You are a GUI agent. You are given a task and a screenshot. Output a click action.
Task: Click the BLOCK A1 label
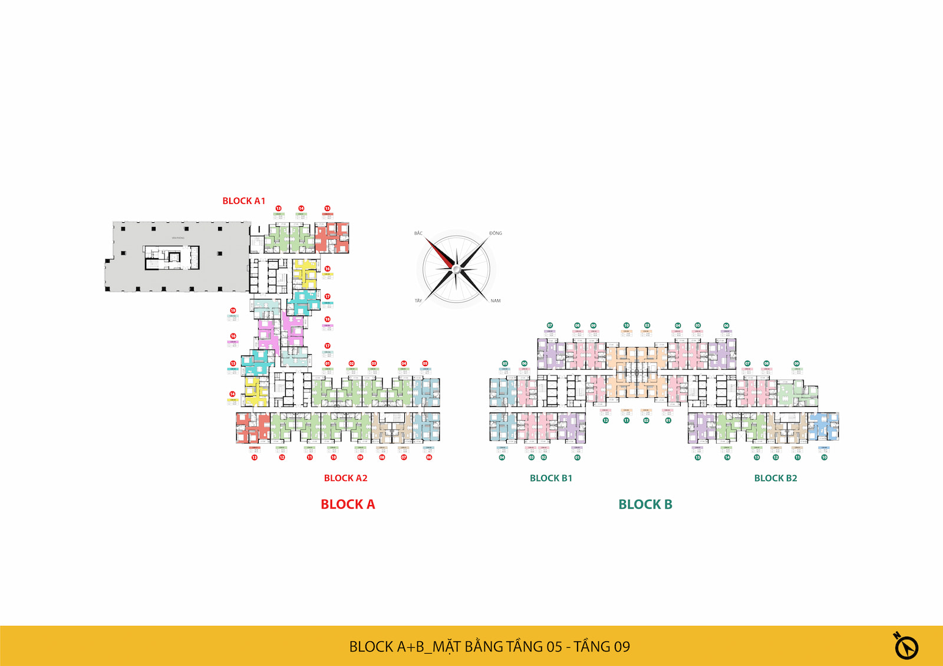(x=243, y=201)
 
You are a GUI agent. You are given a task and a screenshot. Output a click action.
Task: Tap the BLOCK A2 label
(x=345, y=478)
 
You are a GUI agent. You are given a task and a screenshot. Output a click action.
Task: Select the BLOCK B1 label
(x=550, y=478)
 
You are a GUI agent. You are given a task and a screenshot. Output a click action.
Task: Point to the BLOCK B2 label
(x=775, y=478)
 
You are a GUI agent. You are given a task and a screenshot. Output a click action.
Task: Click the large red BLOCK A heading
(x=348, y=505)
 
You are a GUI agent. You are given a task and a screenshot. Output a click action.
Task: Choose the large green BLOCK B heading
(x=645, y=505)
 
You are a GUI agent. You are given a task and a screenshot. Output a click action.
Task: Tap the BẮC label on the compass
(x=418, y=233)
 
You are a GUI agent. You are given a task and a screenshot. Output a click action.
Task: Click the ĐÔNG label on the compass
(x=495, y=233)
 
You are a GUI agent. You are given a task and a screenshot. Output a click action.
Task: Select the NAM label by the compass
(x=495, y=301)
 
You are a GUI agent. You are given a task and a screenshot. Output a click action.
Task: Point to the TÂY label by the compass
(x=418, y=301)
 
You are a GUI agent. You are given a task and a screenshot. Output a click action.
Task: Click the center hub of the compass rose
(x=456, y=269)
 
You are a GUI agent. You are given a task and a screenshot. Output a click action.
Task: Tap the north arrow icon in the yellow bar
(x=905, y=646)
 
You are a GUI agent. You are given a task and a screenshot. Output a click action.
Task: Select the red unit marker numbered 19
(x=233, y=311)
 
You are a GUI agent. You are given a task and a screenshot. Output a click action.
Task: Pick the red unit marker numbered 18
(x=327, y=319)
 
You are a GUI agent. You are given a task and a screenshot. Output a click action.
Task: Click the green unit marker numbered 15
(x=698, y=457)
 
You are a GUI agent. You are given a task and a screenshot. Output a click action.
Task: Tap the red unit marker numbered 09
(x=360, y=457)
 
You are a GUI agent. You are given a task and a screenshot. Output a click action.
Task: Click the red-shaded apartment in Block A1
(x=332, y=238)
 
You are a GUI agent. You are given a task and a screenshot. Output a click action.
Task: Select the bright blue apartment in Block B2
(x=823, y=427)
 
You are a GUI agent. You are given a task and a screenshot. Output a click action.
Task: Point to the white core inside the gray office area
(x=172, y=258)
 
